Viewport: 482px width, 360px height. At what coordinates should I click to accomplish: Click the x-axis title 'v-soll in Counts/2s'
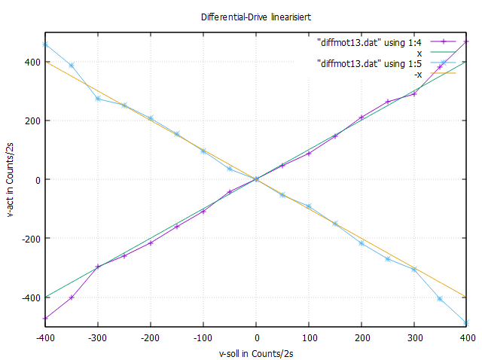click(x=256, y=353)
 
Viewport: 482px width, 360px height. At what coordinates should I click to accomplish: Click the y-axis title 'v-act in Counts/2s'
click(x=10, y=179)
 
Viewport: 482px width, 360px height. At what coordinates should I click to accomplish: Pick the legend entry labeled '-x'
click(x=417, y=74)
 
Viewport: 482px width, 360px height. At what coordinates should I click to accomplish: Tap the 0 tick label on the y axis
click(x=36, y=179)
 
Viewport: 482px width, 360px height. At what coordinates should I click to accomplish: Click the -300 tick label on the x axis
click(x=98, y=338)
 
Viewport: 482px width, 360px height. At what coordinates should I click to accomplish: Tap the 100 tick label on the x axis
click(x=309, y=338)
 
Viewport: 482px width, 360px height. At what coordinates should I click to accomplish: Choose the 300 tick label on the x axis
click(x=414, y=338)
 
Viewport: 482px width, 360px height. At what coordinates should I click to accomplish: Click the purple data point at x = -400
click(x=45, y=318)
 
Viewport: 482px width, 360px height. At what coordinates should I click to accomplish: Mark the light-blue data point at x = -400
click(x=45, y=44)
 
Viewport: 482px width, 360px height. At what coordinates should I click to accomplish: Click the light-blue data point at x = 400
click(x=467, y=323)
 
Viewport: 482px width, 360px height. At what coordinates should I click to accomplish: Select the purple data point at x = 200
click(x=361, y=117)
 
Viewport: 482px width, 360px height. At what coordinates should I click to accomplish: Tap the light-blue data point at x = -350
click(x=72, y=66)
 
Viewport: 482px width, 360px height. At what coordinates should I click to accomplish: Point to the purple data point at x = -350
click(x=72, y=297)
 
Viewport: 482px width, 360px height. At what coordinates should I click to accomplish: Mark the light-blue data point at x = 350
click(x=441, y=299)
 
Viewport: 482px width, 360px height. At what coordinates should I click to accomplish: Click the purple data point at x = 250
click(x=388, y=102)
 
